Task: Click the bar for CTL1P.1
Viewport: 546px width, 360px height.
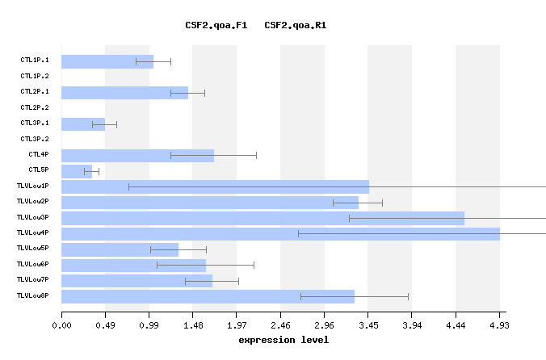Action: click(107, 61)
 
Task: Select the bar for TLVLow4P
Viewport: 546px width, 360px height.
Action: click(280, 234)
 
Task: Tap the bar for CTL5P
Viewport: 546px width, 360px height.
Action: click(77, 171)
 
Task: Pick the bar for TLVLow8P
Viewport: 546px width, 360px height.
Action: click(208, 296)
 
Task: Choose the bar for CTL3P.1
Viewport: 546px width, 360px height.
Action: click(83, 124)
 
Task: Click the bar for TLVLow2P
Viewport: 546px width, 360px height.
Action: click(210, 202)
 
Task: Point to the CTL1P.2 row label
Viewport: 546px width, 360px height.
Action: click(35, 76)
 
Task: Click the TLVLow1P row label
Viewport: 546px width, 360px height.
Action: click(32, 186)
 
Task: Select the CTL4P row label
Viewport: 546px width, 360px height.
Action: click(39, 154)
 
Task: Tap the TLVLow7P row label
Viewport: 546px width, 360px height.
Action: click(32, 280)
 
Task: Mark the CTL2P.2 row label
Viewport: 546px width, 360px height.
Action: click(35, 107)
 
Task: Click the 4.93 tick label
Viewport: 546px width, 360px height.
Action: click(499, 325)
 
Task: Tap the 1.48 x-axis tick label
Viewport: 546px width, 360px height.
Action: click(192, 325)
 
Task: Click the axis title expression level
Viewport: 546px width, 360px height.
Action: click(283, 340)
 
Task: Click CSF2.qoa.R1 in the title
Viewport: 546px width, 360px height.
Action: click(295, 26)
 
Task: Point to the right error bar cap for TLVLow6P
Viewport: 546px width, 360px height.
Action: click(254, 265)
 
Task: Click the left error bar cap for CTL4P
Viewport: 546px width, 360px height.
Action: click(170, 155)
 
